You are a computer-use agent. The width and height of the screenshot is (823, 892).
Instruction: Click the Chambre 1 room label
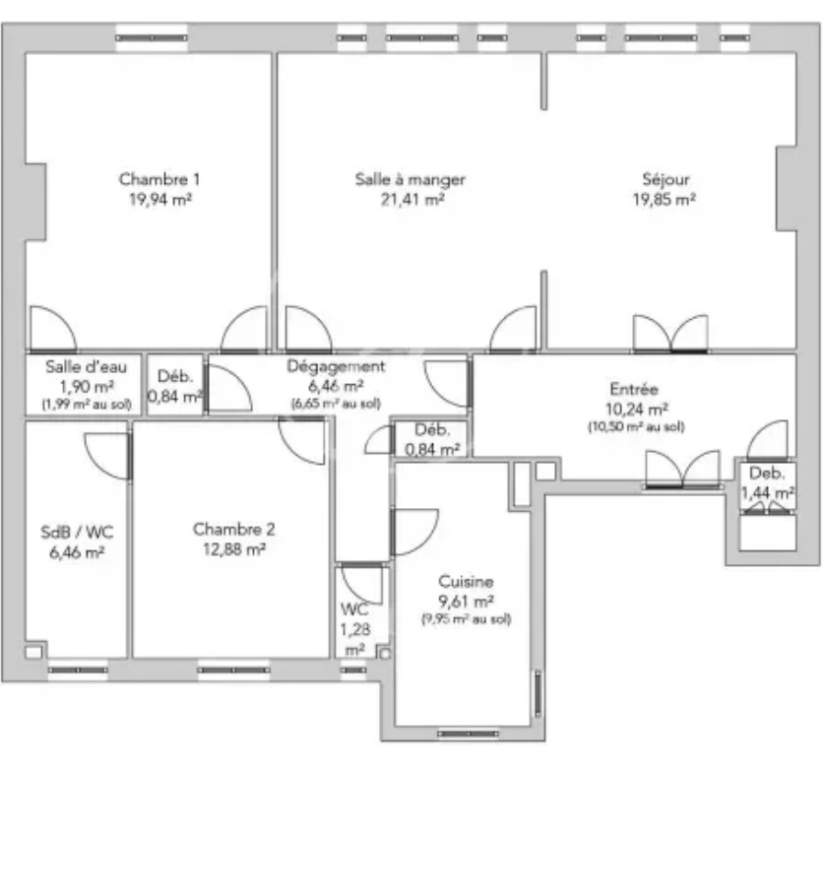pyautogui.click(x=159, y=179)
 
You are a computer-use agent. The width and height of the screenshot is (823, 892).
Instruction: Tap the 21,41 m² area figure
pyautogui.click(x=412, y=200)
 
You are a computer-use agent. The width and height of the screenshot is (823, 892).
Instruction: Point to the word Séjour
pyautogui.click(x=665, y=180)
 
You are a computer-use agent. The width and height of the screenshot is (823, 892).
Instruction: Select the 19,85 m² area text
pyautogui.click(x=665, y=200)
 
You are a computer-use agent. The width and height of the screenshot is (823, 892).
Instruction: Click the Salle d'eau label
pyautogui.click(x=86, y=367)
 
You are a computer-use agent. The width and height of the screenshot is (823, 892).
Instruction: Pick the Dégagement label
pyautogui.click(x=336, y=367)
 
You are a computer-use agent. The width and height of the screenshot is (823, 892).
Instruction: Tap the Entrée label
pyautogui.click(x=634, y=390)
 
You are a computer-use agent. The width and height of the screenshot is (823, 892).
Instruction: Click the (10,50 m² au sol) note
pyautogui.click(x=636, y=427)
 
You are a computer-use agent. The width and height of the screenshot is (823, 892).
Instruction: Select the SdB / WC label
pyautogui.click(x=77, y=533)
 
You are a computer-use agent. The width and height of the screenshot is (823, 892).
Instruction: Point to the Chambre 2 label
pyautogui.click(x=233, y=530)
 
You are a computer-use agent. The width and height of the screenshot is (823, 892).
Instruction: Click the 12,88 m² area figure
pyautogui.click(x=234, y=549)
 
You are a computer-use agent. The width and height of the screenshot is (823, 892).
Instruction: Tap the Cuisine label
pyautogui.click(x=466, y=582)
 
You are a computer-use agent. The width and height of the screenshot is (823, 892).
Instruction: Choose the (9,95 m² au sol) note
pyautogui.click(x=467, y=619)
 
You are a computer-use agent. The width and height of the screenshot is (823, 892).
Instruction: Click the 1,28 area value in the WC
pyautogui.click(x=355, y=630)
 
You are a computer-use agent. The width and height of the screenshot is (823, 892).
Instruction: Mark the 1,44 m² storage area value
pyautogui.click(x=767, y=492)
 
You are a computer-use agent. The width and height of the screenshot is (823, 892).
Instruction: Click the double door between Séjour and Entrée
pyautogui.click(x=671, y=335)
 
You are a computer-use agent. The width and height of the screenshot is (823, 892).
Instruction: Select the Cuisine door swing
pyautogui.click(x=415, y=532)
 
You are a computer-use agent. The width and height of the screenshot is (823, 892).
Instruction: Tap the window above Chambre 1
pyautogui.click(x=152, y=38)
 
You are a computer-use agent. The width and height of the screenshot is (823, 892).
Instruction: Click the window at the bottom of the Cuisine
pyautogui.click(x=468, y=733)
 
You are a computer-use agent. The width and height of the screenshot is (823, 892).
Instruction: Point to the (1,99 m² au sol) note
pyautogui.click(x=87, y=405)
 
